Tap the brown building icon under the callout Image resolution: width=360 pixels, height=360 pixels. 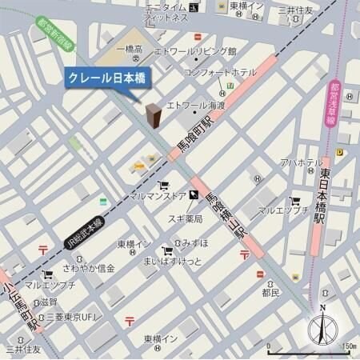coord(152,117)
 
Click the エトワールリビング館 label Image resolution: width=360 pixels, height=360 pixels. coord(200,51)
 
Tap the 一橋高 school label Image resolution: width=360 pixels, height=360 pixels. coord(127,50)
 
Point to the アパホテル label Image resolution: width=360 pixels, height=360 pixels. coord(301,163)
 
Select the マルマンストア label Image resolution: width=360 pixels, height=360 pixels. coord(157,195)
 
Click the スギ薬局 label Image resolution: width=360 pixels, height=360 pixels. coord(188,217)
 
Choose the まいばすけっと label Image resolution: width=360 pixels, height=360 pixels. coord(172,262)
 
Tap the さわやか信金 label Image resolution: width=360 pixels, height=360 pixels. coord(90,268)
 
